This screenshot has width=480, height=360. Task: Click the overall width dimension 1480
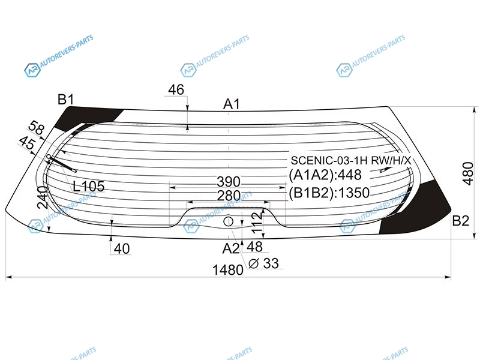(x=227, y=270)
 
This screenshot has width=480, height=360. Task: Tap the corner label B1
(x=65, y=100)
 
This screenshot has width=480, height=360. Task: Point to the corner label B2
(x=460, y=220)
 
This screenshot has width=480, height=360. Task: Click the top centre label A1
(x=232, y=104)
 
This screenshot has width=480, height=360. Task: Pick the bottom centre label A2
(x=231, y=248)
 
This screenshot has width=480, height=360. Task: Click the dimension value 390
(x=229, y=182)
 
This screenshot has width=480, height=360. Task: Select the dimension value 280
(x=229, y=196)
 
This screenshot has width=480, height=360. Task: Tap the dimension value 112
(x=258, y=221)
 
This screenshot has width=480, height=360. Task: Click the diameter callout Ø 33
(x=263, y=263)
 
